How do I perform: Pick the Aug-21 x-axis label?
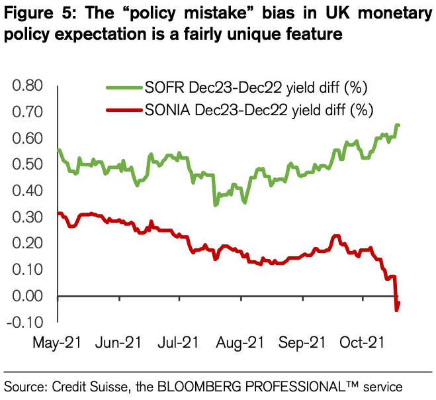pyautogui.click(x=245, y=343)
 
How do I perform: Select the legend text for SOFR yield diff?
pyautogui.click(x=255, y=87)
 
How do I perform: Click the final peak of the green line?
pyautogui.click(x=398, y=125)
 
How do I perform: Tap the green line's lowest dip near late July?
pyautogui.click(x=215, y=205)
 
